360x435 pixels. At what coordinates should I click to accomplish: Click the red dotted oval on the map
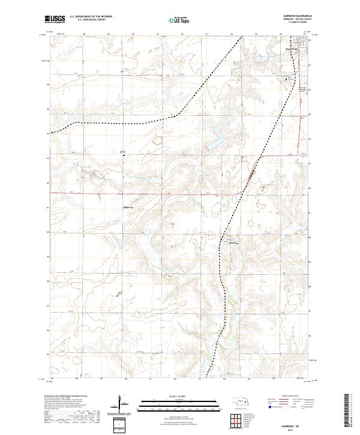158,141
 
